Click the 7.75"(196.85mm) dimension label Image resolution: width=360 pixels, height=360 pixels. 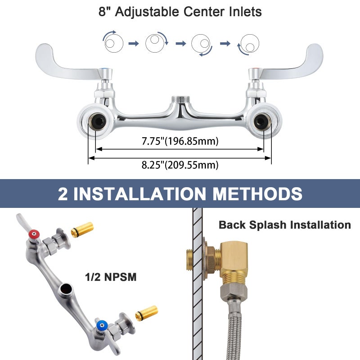point(180,141)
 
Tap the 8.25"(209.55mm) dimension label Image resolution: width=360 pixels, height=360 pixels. point(180,165)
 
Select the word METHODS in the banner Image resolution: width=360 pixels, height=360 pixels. point(257,193)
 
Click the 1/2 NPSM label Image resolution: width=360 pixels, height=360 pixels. point(111,277)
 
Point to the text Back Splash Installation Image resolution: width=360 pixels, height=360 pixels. point(285,225)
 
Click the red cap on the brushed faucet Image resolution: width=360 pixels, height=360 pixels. point(34,234)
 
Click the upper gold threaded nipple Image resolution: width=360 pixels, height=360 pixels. point(82,229)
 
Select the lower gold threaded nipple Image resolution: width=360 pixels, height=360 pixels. point(147,313)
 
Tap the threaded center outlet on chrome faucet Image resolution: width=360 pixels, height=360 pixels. point(180,99)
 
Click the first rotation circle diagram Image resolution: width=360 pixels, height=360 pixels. point(113,43)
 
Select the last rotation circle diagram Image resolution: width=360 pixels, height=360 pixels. point(249,44)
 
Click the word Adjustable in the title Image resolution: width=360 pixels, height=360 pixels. point(147,12)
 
